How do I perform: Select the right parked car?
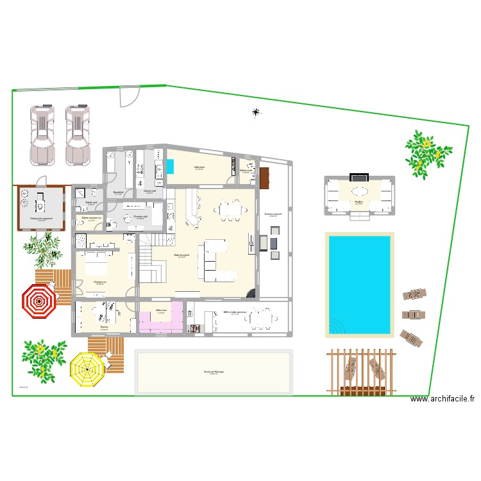pos(78,135)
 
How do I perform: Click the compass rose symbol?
pos(257,114)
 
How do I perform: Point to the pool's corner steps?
pos(335,328)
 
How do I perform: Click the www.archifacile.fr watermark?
pos(443,399)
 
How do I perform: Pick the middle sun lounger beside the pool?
pos(413,315)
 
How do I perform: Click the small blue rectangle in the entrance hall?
pos(171,166)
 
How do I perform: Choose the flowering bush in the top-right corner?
pos(425,153)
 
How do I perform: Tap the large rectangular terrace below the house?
pos(213,372)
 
